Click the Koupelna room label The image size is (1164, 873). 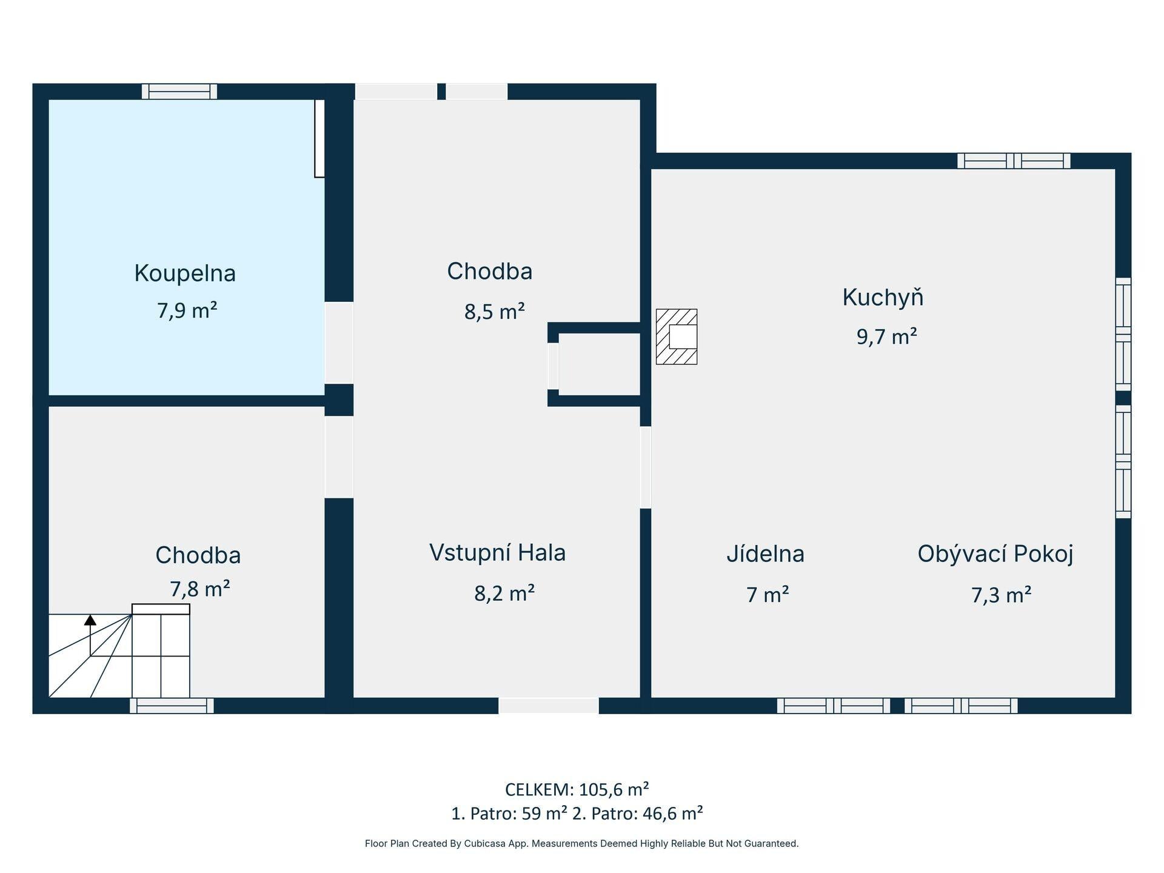click(185, 273)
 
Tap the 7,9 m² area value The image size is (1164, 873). click(187, 310)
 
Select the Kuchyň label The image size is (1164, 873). click(883, 297)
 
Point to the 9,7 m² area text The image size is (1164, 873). click(886, 336)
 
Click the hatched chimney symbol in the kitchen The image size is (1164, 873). click(677, 336)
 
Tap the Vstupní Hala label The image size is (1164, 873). click(498, 553)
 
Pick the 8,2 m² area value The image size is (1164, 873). click(504, 592)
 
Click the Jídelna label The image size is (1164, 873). click(766, 554)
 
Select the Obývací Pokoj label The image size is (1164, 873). click(995, 554)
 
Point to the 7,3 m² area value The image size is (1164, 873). click(1002, 595)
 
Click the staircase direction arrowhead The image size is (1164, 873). click(90, 620)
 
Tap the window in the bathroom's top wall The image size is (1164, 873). click(179, 92)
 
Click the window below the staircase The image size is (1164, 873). click(172, 706)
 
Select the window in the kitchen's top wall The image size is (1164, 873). click(1014, 161)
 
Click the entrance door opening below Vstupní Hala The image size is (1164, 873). click(549, 706)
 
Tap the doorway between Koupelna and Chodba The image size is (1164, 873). click(339, 343)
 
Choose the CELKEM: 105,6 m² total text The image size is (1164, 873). click(577, 789)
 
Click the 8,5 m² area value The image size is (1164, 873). click(495, 312)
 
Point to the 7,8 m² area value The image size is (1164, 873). click(199, 589)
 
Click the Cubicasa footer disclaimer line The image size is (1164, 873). click(582, 843)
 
